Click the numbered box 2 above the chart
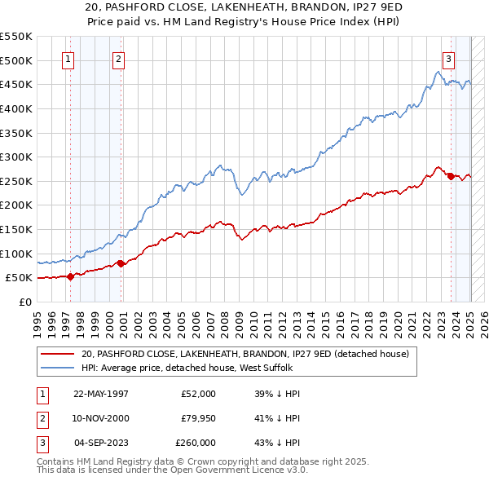coord(118,59)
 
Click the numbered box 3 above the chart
coord(448,59)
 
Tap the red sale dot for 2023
coord(451,176)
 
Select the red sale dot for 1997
coord(70,276)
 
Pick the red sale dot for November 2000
coord(121,263)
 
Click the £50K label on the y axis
coord(20,278)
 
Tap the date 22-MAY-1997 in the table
coord(101,394)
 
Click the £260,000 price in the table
coord(196,443)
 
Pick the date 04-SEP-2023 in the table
coord(101,443)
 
